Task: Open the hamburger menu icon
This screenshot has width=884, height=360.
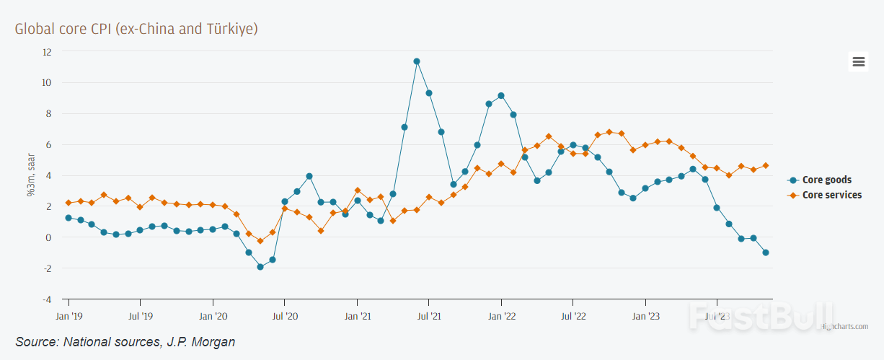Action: click(858, 62)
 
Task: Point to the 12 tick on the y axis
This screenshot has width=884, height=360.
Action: click(47, 52)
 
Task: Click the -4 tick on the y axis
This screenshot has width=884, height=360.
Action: click(47, 299)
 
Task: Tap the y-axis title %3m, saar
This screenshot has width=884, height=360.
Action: click(31, 176)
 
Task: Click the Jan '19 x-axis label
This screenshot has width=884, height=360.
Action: click(68, 316)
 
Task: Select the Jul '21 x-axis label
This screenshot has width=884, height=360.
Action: click(429, 316)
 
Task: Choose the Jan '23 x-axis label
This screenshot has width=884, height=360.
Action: click(645, 316)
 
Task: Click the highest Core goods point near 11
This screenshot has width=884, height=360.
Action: click(417, 61)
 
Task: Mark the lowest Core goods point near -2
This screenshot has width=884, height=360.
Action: click(260, 267)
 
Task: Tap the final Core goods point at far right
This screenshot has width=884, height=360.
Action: click(765, 253)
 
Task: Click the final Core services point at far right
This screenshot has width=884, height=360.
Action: click(765, 165)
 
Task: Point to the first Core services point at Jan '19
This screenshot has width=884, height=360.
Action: click(68, 203)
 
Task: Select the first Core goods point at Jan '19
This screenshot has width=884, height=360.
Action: click(68, 218)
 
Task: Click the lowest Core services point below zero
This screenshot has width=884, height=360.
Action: click(260, 241)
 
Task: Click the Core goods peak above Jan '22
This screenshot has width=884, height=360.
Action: click(501, 95)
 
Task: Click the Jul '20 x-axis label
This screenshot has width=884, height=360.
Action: click(285, 316)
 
